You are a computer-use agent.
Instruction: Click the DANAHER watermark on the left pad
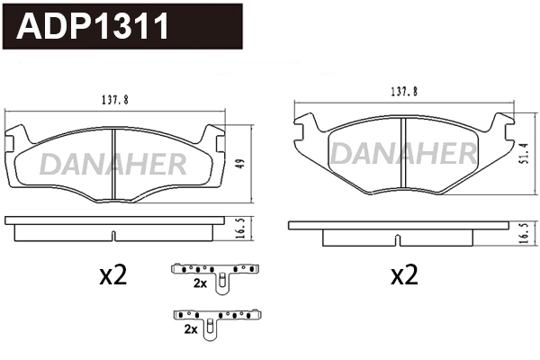coord(113,163)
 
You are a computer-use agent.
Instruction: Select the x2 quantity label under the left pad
coord(112,276)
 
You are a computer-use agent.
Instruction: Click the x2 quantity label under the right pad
coord(405,276)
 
